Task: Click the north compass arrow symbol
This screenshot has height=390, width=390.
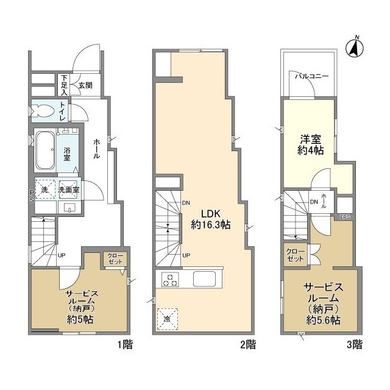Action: click(354, 48)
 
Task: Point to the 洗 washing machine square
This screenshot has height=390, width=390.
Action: click(44, 190)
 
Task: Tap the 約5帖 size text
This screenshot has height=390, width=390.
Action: click(79, 319)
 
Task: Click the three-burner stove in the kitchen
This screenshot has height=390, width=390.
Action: click(171, 280)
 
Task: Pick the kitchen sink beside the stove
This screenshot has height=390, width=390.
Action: click(205, 280)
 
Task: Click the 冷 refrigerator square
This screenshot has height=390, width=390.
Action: click(166, 319)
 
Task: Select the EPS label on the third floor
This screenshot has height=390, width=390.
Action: click(345, 217)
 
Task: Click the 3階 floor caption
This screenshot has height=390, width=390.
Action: click(354, 346)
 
